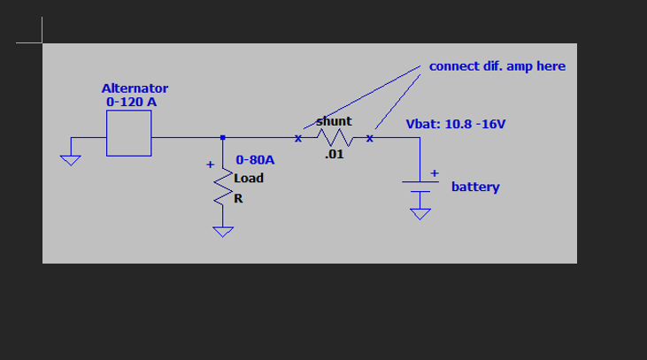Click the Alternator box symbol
129,137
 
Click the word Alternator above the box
135,88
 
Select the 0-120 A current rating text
132,102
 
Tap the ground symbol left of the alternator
70,159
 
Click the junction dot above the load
222,137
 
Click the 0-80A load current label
255,161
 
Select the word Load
249,178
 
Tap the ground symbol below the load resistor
222,232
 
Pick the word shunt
334,120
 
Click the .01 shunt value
334,155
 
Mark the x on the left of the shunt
298,138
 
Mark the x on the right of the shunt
370,138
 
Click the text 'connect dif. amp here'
497,66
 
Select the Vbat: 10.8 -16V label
456,124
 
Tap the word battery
475,187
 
